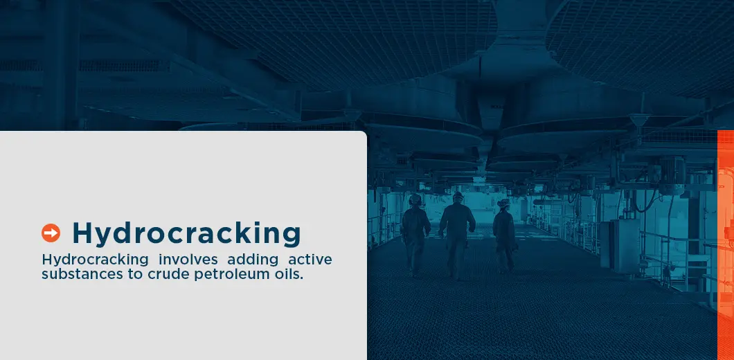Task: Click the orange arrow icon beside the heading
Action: click(x=51, y=233)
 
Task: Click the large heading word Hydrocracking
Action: click(x=186, y=233)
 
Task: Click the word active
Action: click(x=310, y=260)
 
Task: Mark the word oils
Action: click(x=289, y=273)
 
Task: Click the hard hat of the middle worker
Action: click(x=458, y=196)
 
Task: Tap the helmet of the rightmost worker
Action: click(x=503, y=203)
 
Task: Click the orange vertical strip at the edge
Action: click(x=725, y=242)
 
